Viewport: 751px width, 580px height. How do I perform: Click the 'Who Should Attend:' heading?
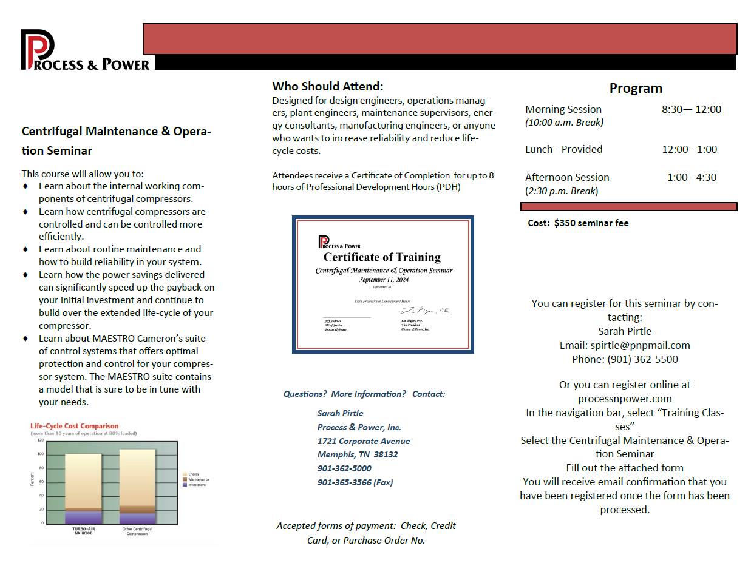pyautogui.click(x=328, y=87)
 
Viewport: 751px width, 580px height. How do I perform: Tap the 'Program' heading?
pyautogui.click(x=636, y=89)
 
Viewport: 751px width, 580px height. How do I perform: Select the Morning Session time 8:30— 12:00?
pyautogui.click(x=692, y=110)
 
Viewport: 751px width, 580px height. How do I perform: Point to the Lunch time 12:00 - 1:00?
pyautogui.click(x=689, y=150)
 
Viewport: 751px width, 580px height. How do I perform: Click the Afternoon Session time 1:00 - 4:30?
pyautogui.click(x=692, y=178)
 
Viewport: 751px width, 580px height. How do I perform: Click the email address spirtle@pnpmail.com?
pyautogui.click(x=640, y=346)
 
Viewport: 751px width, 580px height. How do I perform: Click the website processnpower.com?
pyautogui.click(x=625, y=399)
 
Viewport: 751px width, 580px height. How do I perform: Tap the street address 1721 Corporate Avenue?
pyautogui.click(x=363, y=442)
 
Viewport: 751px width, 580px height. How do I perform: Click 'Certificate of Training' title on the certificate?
pyautogui.click(x=382, y=257)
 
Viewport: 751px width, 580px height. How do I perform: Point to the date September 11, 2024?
pyautogui.click(x=384, y=280)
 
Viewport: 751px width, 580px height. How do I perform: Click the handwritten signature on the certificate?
pyautogui.click(x=423, y=311)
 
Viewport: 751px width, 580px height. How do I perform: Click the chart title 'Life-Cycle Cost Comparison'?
pyautogui.click(x=74, y=427)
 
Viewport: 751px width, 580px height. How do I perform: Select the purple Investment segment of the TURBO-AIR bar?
pyautogui.click(x=83, y=518)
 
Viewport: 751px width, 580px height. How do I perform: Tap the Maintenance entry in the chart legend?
pyautogui.click(x=198, y=480)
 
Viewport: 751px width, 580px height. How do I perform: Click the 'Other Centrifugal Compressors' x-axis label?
pyautogui.click(x=137, y=531)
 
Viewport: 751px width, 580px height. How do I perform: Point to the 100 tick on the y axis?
pyautogui.click(x=41, y=454)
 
